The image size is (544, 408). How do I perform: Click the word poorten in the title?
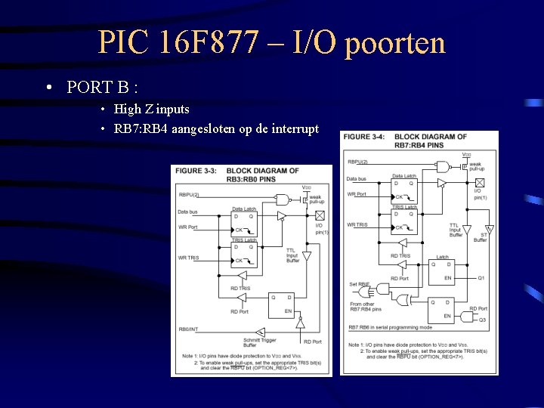coord(395,44)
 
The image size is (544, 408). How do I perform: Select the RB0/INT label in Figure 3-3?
coord(188,329)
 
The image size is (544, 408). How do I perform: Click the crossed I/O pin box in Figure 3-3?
coord(310,215)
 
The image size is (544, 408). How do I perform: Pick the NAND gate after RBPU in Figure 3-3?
coord(282,199)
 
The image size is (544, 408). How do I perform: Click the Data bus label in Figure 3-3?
coord(188,212)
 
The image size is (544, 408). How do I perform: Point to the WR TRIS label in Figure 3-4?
coord(357,225)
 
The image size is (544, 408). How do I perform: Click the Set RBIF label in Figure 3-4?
coord(358,285)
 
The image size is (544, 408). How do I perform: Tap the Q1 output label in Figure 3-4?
coord(481,278)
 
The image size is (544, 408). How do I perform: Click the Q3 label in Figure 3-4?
coord(482,320)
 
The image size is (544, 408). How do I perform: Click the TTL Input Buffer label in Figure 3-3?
coord(291,255)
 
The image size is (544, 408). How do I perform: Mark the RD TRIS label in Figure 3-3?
coord(240,288)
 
